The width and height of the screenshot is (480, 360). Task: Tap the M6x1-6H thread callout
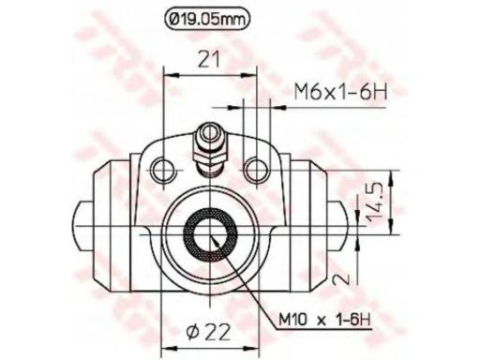tap(337, 92)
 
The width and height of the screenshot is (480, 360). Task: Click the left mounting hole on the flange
tap(165, 169)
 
